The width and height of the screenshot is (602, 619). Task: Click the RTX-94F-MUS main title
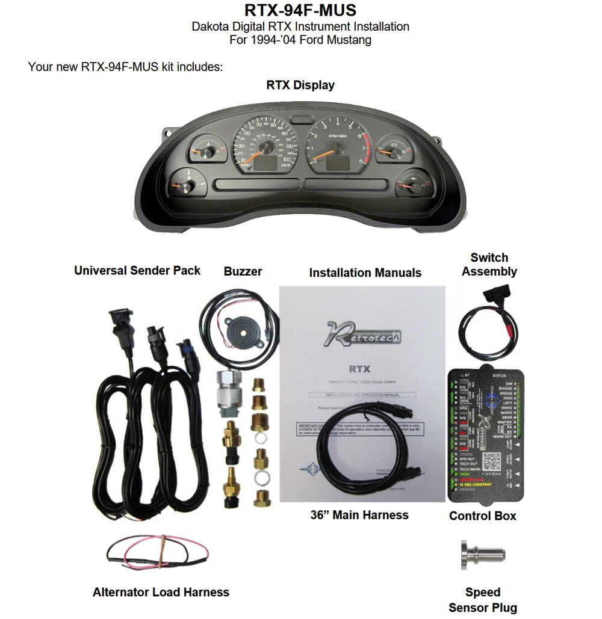pos(300,10)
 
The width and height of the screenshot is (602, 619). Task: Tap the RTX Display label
pos(300,85)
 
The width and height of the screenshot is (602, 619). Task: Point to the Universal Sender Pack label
pos(137,271)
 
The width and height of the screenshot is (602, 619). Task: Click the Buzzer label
pos(243,272)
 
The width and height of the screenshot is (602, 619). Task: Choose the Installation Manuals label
pos(365,273)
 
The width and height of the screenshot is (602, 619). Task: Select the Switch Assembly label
pos(489,265)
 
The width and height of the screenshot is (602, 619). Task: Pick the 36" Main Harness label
pos(359,516)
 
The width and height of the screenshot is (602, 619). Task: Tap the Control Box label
pos(483,516)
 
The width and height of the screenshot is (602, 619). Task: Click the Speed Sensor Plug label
pos(483,600)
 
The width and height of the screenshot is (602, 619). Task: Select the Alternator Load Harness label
pos(161,593)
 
